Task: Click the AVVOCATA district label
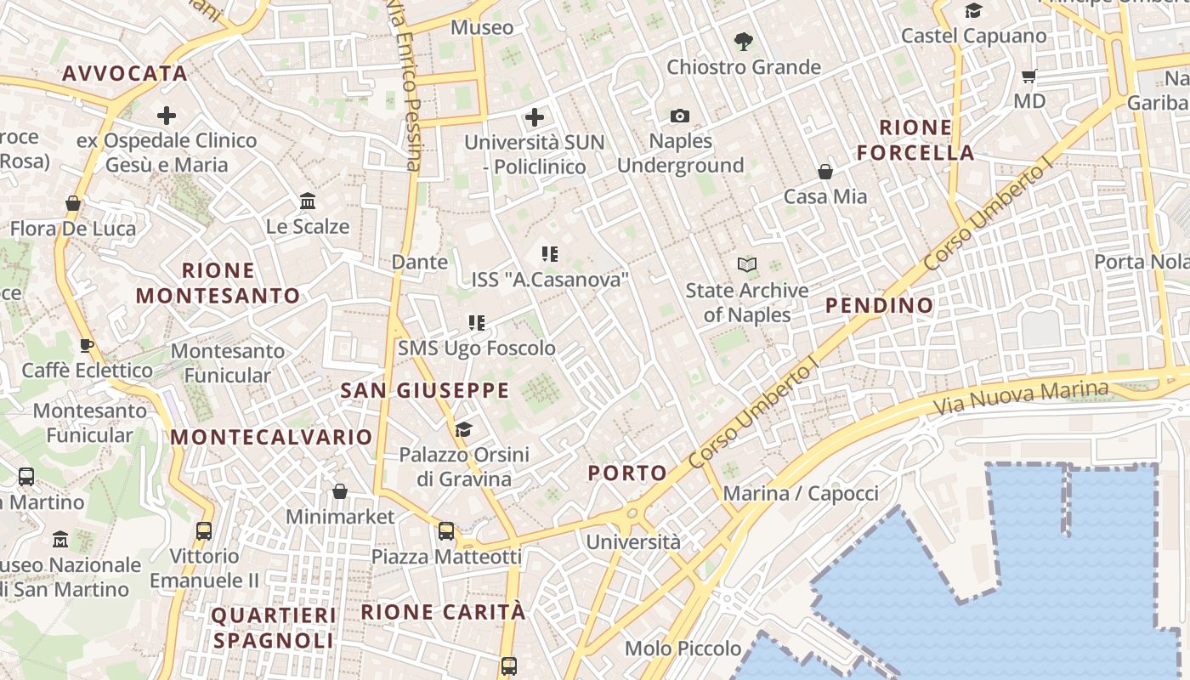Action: [x=125, y=74]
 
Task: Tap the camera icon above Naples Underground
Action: [x=680, y=116]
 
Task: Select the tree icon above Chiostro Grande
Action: [x=744, y=41]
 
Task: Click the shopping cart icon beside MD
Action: [x=1028, y=76]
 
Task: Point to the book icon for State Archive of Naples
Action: [x=747, y=265]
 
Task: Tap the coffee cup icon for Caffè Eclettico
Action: [x=87, y=345]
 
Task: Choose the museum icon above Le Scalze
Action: [x=308, y=201]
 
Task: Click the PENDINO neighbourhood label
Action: [x=879, y=305]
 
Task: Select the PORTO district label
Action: [x=627, y=473]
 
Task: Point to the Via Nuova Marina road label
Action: [x=1021, y=397]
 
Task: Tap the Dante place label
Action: [x=420, y=262]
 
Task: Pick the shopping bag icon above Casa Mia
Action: [x=825, y=172]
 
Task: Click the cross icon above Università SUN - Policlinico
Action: [x=535, y=117]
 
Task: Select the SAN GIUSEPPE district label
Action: [x=424, y=391]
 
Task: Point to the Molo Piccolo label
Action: [x=683, y=649]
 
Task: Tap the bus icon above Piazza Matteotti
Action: [x=446, y=531]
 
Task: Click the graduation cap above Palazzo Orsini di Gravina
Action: [x=463, y=429]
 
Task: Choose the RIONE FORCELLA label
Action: [x=915, y=140]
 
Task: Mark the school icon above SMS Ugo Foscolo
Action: [x=477, y=323]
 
